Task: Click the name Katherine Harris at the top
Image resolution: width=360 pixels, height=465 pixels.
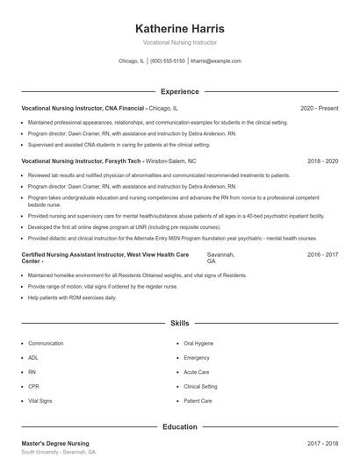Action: tap(180, 27)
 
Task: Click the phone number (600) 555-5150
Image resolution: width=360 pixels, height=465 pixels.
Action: tap(168, 61)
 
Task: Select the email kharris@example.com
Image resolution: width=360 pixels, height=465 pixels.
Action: tap(215, 61)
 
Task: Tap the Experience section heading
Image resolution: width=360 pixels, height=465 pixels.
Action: tap(180, 91)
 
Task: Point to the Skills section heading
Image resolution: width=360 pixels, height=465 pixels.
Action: tap(180, 324)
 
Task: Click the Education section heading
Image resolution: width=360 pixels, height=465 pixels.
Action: tap(180, 427)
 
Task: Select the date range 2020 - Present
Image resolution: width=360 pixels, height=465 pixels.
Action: tap(319, 108)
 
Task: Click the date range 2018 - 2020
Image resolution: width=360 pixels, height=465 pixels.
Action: tap(322, 161)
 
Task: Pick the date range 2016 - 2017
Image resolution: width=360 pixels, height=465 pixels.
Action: tap(322, 254)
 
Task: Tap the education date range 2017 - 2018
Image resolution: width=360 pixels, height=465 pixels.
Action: tap(322, 444)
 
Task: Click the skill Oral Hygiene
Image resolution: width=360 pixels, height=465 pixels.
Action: tap(198, 344)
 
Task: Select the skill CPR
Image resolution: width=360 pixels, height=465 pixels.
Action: tap(33, 386)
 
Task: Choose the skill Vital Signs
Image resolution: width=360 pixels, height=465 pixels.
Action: tap(40, 400)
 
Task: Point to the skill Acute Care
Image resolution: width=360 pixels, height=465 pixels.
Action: tap(197, 372)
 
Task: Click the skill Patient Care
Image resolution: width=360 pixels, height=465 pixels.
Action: tap(198, 400)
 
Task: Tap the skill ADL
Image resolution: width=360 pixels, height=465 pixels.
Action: tap(33, 358)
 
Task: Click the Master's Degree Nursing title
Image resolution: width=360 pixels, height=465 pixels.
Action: tap(55, 444)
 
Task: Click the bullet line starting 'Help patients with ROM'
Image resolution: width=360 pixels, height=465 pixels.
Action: tap(72, 297)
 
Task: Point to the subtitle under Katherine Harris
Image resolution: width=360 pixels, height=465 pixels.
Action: tap(180, 42)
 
